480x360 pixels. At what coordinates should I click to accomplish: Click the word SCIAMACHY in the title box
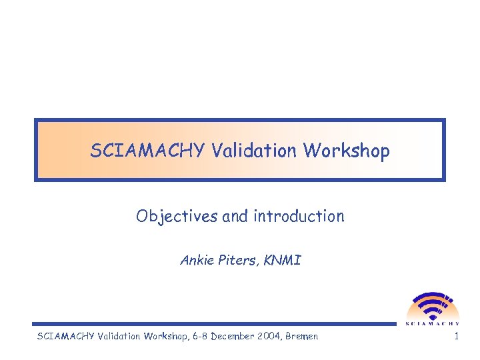(149, 151)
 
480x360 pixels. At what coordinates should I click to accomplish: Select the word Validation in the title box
(255, 151)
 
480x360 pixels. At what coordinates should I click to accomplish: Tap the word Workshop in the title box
(347, 151)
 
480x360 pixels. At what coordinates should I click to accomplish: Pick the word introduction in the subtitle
(299, 217)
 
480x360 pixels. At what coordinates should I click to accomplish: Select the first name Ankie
(195, 261)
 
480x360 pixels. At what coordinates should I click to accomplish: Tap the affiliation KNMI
(283, 261)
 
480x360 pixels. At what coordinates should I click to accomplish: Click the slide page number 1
(456, 337)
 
